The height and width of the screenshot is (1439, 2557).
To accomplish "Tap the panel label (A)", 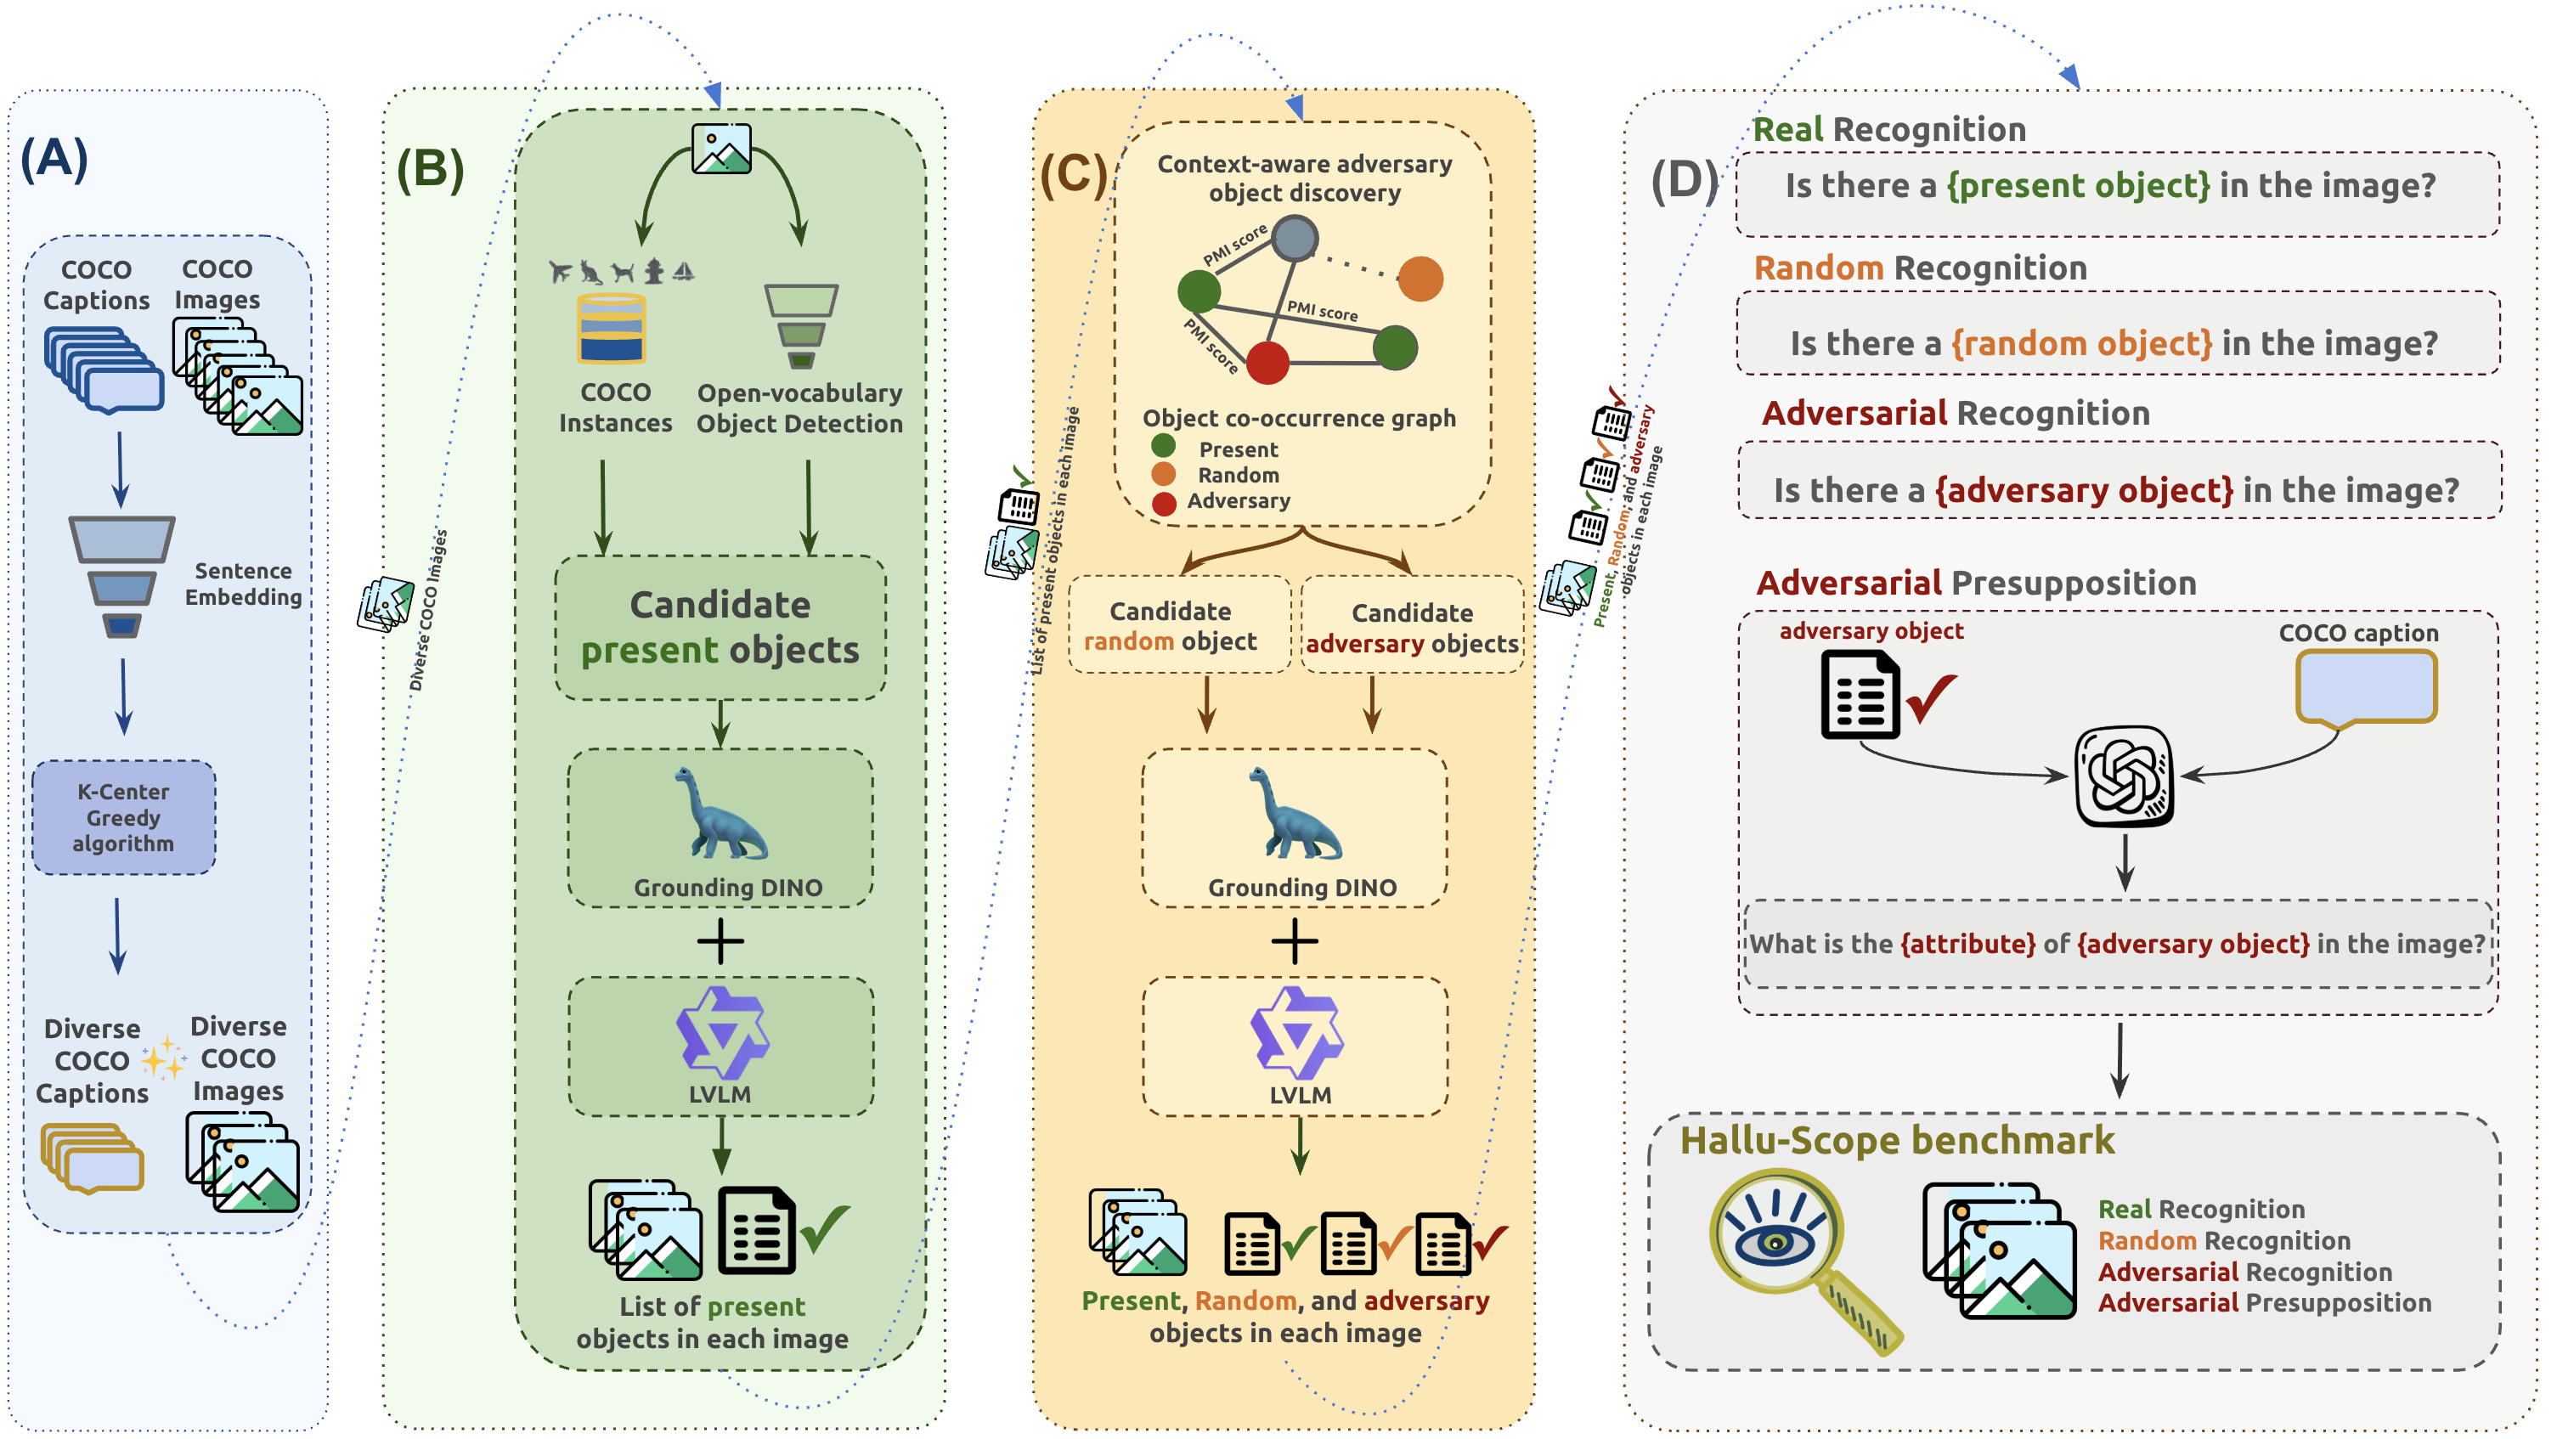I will [x=54, y=158].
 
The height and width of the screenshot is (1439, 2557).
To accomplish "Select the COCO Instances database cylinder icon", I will [x=612, y=329].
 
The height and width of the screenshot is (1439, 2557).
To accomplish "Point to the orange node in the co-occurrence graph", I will [x=1420, y=279].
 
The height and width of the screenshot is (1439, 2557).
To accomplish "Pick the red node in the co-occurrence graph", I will [x=1267, y=362].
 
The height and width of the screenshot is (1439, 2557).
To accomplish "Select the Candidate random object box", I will [x=1179, y=625].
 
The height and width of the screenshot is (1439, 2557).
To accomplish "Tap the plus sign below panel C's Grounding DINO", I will [x=1295, y=941].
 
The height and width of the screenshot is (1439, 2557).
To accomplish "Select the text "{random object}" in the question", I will [x=2081, y=343].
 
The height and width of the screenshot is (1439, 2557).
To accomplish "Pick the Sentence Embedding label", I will [x=243, y=584].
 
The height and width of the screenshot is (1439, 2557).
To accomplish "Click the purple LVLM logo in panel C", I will [x=1296, y=1033].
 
